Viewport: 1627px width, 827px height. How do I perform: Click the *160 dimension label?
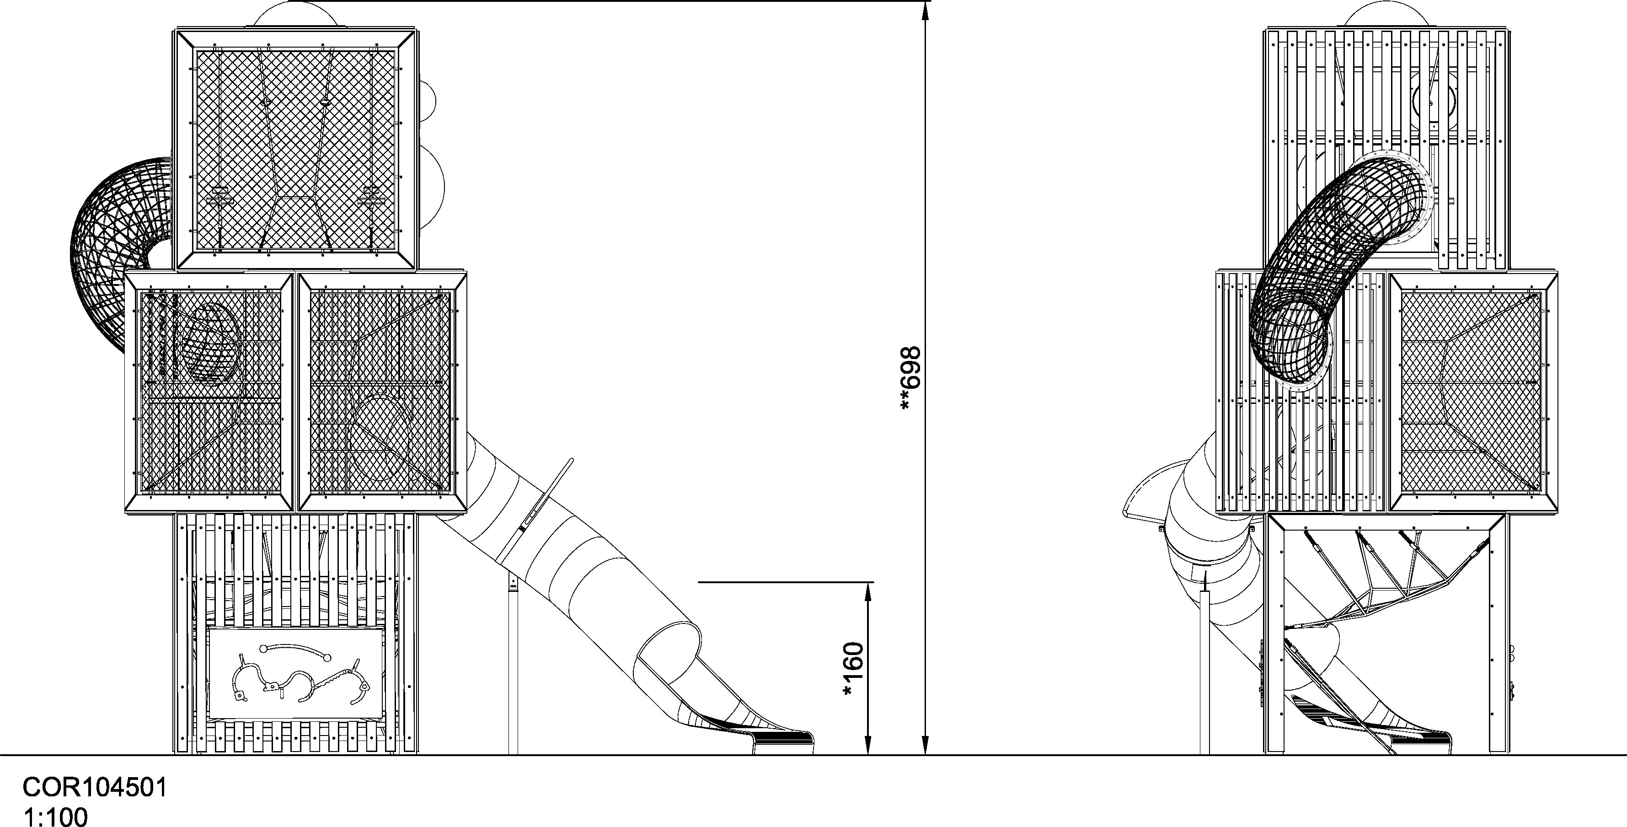click(853, 670)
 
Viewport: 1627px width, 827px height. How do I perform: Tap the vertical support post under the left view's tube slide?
click(514, 663)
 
